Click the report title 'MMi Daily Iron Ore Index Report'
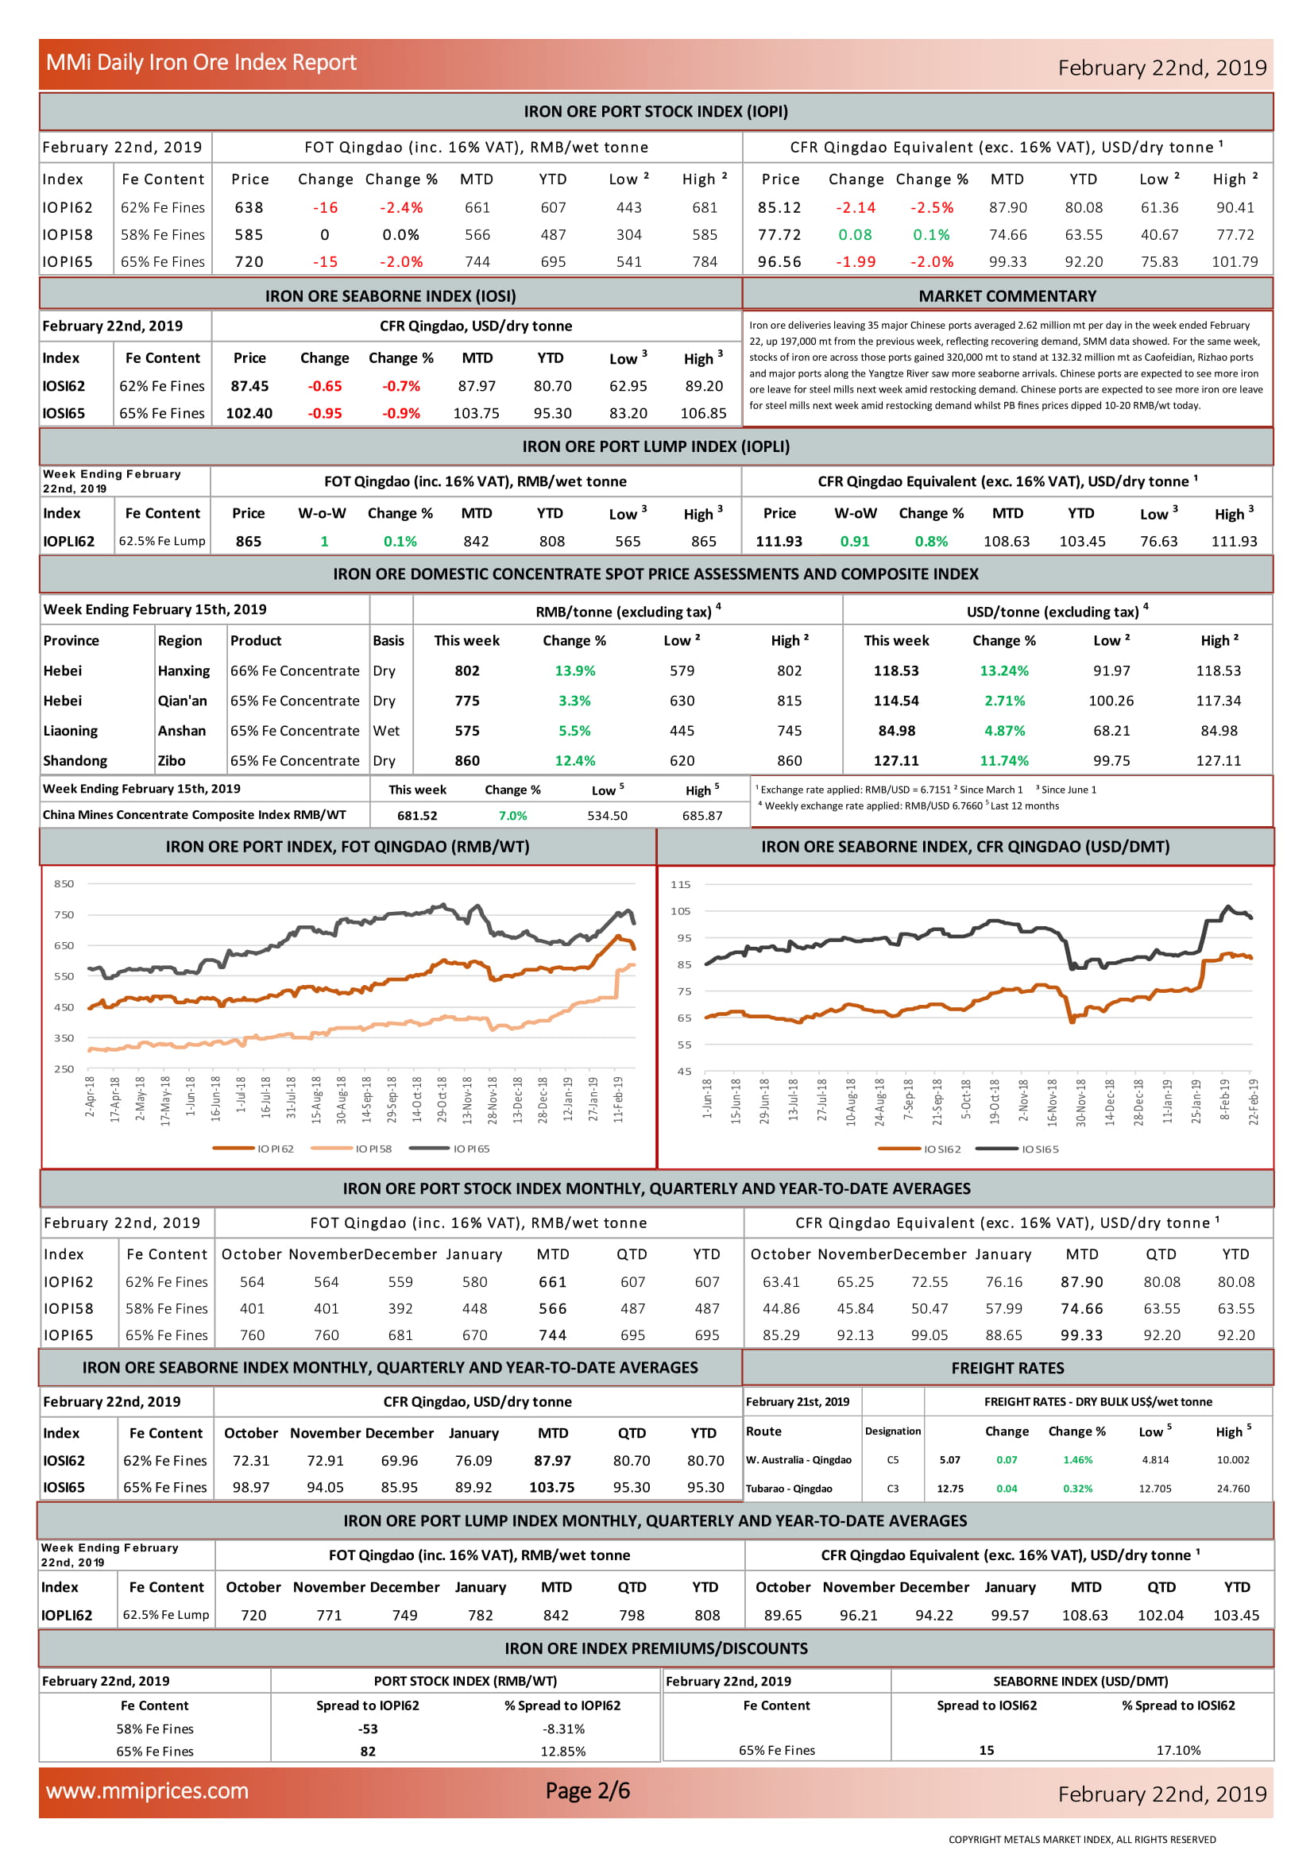201,62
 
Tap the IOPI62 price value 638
249,208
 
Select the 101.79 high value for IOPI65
1235,262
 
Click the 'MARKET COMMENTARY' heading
1007,296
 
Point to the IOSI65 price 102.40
249,414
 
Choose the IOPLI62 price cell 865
249,542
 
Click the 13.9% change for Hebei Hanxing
574,671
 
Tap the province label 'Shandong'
75,761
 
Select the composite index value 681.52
417,816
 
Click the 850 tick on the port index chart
64,883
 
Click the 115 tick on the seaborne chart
681,884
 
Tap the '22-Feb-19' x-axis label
1254,1103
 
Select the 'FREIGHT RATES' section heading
1007,1369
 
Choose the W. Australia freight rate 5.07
950,1460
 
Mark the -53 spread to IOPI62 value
368,1729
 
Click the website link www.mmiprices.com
147,1790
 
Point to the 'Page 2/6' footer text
587,1790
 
